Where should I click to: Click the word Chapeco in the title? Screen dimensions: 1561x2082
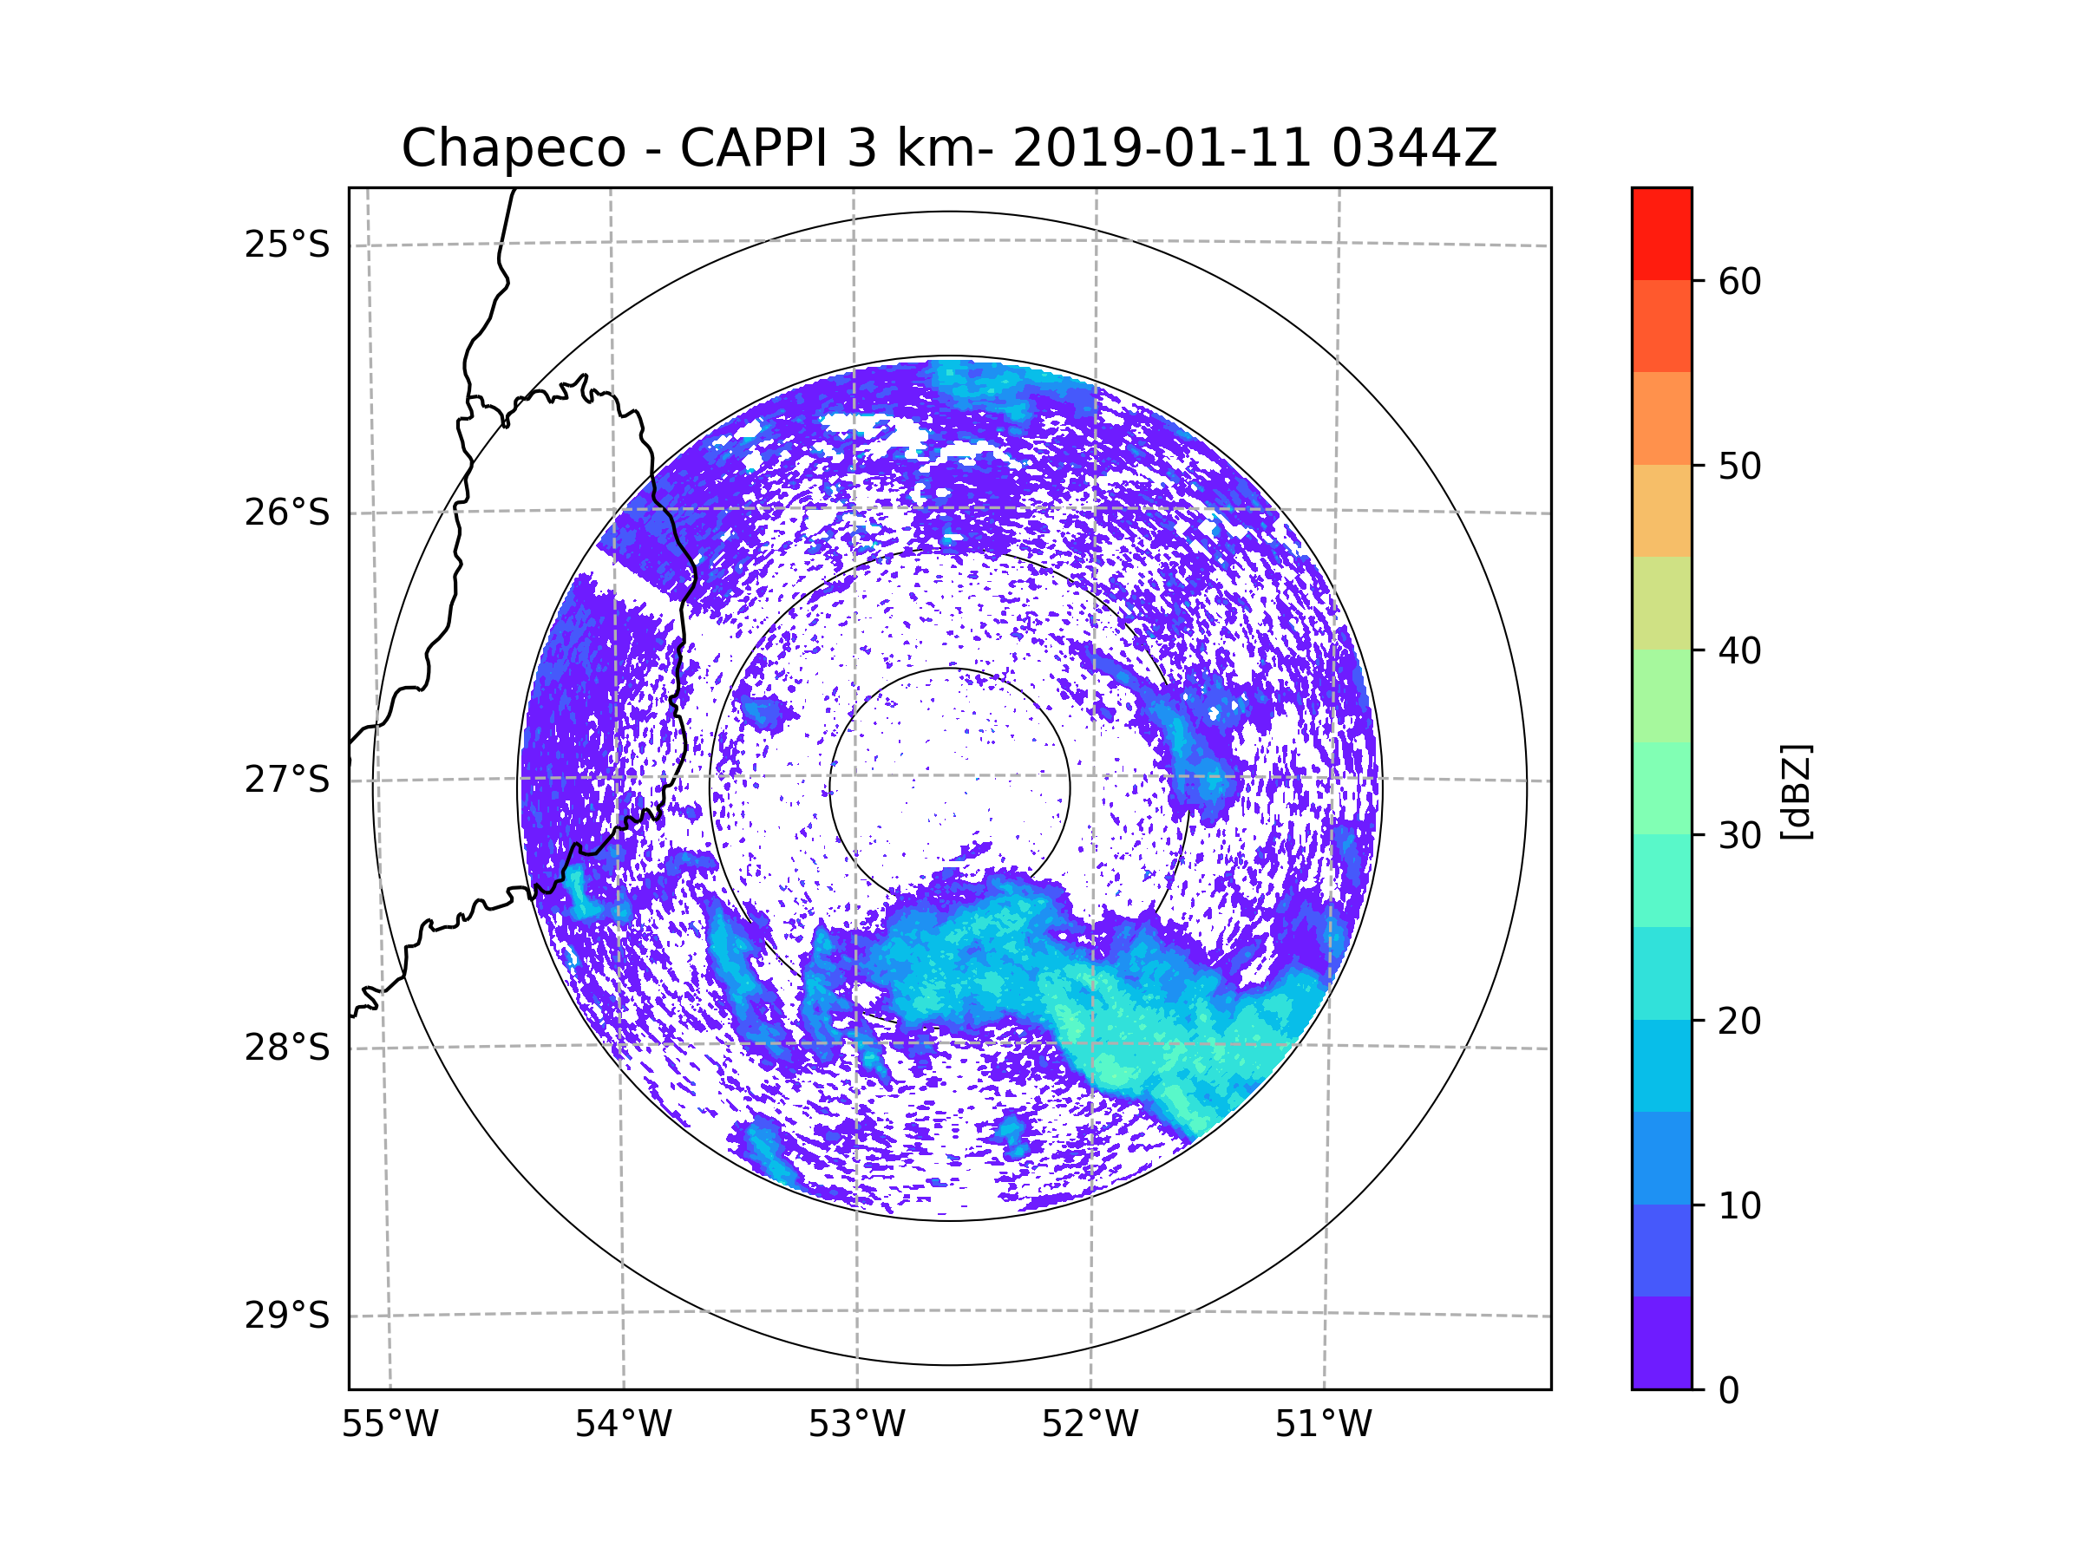(x=513, y=148)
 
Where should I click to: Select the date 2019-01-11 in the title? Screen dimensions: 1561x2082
(x=1162, y=148)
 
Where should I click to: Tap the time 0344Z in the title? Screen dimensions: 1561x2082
(x=1414, y=148)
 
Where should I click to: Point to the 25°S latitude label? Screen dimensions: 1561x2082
(x=287, y=245)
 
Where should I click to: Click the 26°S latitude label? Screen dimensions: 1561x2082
(x=287, y=513)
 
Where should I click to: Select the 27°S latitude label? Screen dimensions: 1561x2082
(x=287, y=780)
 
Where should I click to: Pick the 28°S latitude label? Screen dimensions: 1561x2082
(x=287, y=1048)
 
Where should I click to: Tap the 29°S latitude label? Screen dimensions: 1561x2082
(x=287, y=1316)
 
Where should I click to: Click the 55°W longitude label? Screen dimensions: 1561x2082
(x=390, y=1425)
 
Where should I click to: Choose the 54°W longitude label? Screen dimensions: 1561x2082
(x=623, y=1425)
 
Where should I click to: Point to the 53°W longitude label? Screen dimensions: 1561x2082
(x=856, y=1425)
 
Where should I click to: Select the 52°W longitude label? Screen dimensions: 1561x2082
(x=1090, y=1425)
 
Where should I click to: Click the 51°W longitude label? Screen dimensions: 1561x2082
(x=1323, y=1425)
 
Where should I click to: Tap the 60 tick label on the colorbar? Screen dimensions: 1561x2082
(x=1739, y=281)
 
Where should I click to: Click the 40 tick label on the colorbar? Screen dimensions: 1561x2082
(x=1739, y=651)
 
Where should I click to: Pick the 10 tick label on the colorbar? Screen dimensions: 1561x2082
(x=1739, y=1205)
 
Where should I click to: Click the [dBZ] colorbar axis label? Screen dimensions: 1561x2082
(x=1796, y=791)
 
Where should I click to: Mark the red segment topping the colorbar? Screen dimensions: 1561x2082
(x=1661, y=233)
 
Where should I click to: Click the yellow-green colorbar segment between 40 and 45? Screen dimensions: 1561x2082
(x=1661, y=603)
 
